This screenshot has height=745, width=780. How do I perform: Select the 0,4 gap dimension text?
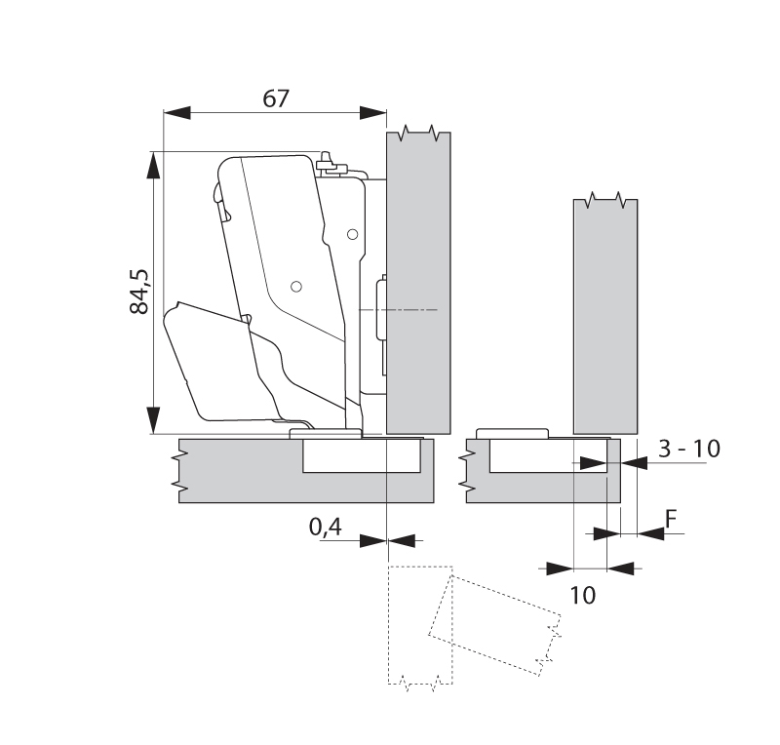[x=325, y=528]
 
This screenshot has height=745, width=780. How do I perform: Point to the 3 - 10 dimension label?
[x=688, y=450]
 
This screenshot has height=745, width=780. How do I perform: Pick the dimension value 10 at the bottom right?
[x=583, y=593]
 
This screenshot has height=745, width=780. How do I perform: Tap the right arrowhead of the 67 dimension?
[x=375, y=112]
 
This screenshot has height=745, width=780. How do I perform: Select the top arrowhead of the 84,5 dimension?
[x=153, y=164]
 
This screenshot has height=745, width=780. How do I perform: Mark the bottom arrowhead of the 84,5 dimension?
[x=153, y=420]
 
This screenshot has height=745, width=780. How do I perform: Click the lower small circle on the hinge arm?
[x=295, y=286]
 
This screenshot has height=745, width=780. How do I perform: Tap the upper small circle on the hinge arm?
[x=352, y=234]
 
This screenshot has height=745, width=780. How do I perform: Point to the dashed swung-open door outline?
[x=492, y=624]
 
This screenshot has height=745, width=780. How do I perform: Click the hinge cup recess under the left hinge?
[x=362, y=455]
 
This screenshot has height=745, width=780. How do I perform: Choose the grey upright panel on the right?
[x=604, y=312]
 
